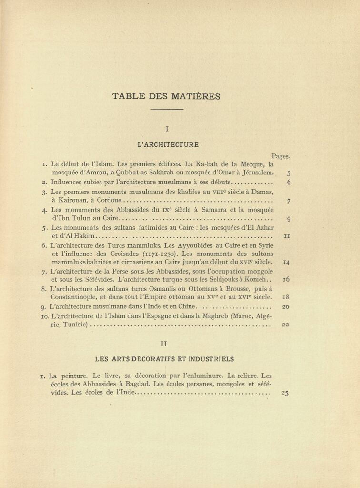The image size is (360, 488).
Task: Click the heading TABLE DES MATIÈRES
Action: click(x=166, y=96)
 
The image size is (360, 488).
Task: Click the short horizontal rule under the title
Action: click(x=166, y=110)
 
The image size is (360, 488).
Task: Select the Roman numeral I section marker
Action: click(x=167, y=128)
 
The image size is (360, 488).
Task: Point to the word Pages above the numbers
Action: click(x=281, y=156)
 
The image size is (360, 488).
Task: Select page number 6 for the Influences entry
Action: click(x=289, y=183)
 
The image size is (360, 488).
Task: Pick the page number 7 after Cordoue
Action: click(x=289, y=201)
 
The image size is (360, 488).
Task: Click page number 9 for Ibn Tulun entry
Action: click(x=289, y=219)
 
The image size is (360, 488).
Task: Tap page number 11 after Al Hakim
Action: click(x=287, y=236)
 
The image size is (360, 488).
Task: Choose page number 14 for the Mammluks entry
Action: click(x=287, y=262)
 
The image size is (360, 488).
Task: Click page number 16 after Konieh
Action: click(x=287, y=280)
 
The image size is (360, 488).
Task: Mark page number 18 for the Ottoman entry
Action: click(x=287, y=297)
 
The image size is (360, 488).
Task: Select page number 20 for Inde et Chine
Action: click(x=286, y=307)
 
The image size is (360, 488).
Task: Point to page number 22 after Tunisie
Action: click(x=286, y=325)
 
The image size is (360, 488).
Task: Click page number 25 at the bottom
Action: click(x=286, y=394)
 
